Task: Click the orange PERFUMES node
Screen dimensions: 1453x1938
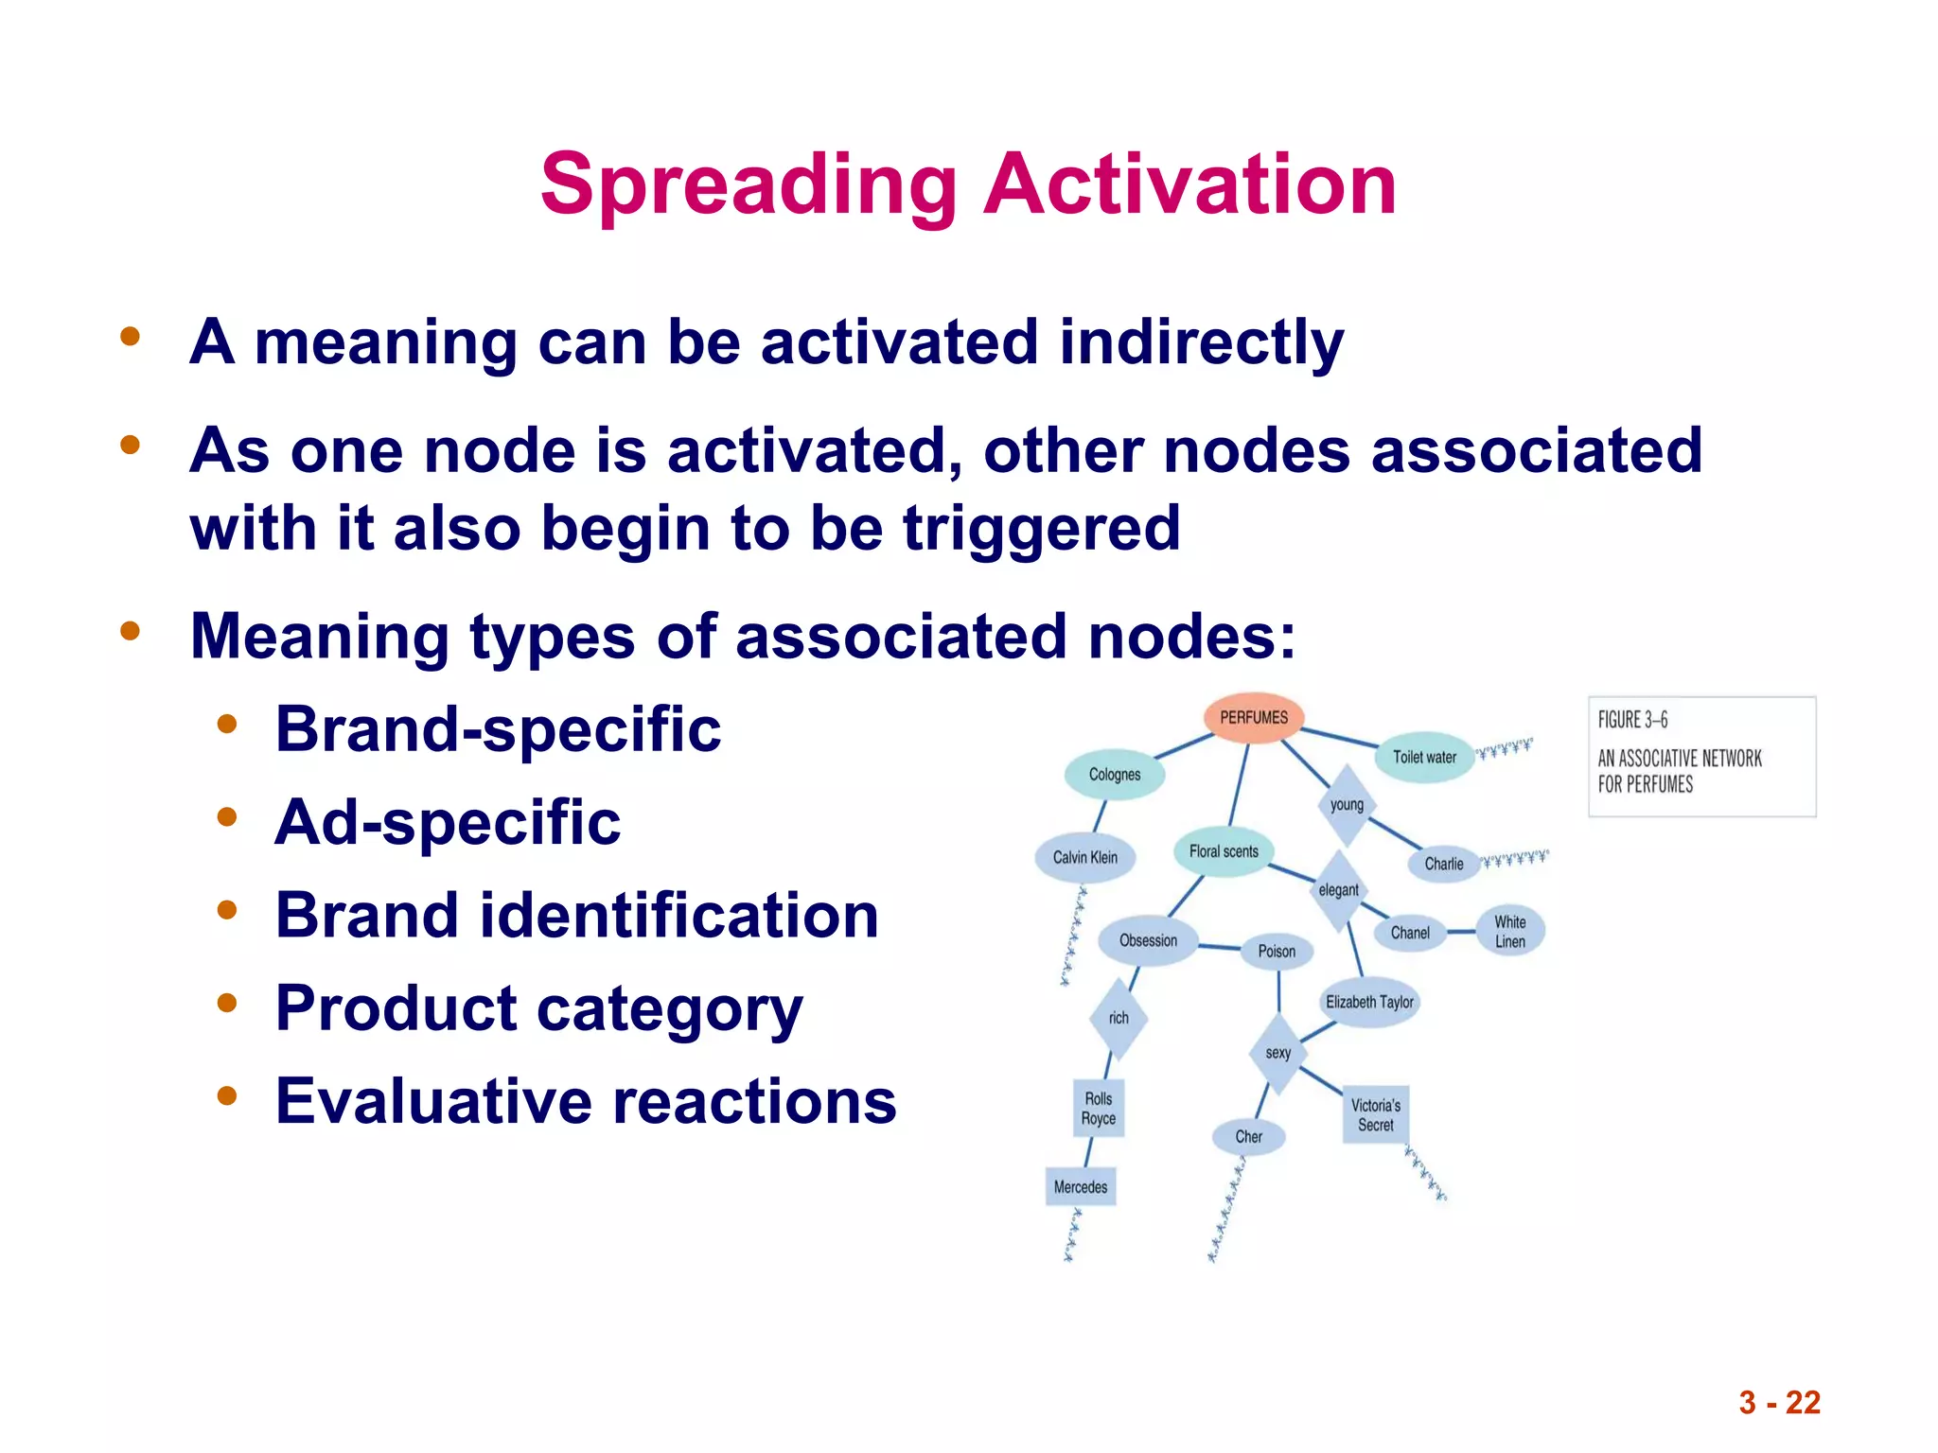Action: [x=1254, y=718]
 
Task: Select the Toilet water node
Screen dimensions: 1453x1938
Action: [x=1424, y=757]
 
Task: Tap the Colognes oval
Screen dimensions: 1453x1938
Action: [x=1115, y=775]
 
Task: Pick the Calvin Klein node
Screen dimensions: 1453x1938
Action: [x=1085, y=857]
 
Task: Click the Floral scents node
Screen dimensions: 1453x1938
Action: [x=1224, y=851]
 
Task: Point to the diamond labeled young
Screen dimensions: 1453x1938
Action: [x=1347, y=805]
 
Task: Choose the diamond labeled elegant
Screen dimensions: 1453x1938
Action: [x=1338, y=890]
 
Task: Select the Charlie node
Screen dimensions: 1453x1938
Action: [x=1444, y=864]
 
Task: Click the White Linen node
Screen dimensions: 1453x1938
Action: [x=1510, y=932]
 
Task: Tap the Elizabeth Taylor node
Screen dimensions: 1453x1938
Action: [x=1369, y=1002]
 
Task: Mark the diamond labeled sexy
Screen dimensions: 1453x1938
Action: [x=1277, y=1053]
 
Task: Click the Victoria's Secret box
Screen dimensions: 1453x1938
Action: [x=1376, y=1115]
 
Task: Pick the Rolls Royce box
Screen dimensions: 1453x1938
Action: [x=1099, y=1109]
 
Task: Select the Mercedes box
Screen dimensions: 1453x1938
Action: [x=1081, y=1187]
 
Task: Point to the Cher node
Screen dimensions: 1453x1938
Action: [x=1249, y=1137]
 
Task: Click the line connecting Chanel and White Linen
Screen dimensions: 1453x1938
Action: [x=1461, y=932]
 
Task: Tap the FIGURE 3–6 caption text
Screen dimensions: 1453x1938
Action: [x=1632, y=720]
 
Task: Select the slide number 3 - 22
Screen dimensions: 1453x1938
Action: [x=1779, y=1402]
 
